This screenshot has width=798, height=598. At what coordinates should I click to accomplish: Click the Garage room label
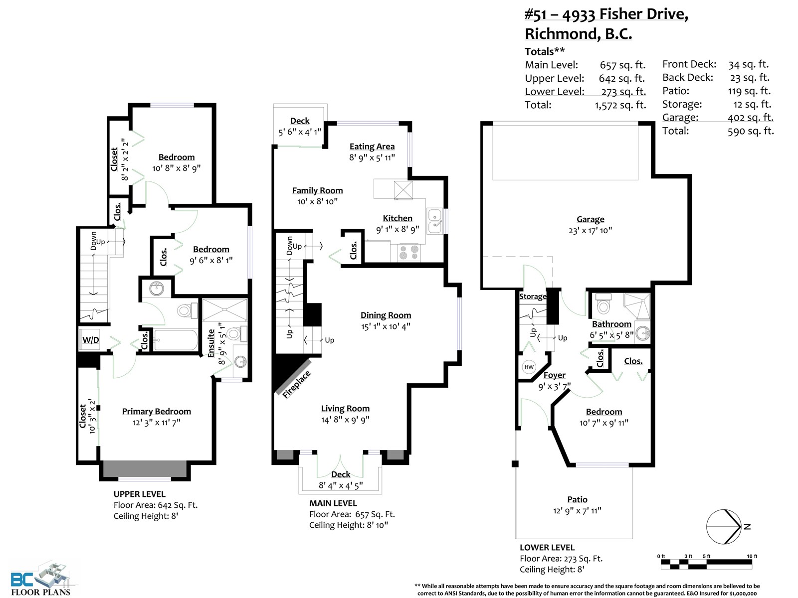(x=590, y=219)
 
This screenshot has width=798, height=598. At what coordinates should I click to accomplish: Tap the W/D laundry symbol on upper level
(x=90, y=339)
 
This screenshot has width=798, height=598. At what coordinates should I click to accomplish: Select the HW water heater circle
(x=529, y=367)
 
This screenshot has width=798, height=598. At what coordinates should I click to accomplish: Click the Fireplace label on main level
(x=296, y=385)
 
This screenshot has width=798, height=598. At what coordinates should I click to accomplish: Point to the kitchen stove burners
(x=409, y=253)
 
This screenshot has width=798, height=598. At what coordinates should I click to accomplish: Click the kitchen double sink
(x=434, y=221)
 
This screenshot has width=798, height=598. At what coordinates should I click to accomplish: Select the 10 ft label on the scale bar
(x=752, y=556)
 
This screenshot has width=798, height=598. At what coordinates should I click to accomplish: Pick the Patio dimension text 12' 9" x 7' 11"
(x=577, y=511)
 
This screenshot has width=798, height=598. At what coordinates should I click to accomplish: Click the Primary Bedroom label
(x=156, y=412)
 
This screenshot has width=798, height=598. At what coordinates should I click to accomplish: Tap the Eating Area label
(x=372, y=147)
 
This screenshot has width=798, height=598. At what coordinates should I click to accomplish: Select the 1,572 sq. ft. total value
(x=620, y=105)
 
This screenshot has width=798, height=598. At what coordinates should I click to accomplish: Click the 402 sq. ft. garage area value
(x=751, y=118)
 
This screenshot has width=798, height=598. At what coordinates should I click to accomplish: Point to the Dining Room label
(x=386, y=315)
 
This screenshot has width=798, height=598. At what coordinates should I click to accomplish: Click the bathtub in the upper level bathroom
(x=176, y=340)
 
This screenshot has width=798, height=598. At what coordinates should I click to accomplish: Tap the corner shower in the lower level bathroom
(x=636, y=306)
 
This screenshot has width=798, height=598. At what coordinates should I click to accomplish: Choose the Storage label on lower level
(x=533, y=297)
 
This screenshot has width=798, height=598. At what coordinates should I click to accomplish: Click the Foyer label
(x=554, y=375)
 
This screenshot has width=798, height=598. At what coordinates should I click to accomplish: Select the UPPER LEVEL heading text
(x=140, y=494)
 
